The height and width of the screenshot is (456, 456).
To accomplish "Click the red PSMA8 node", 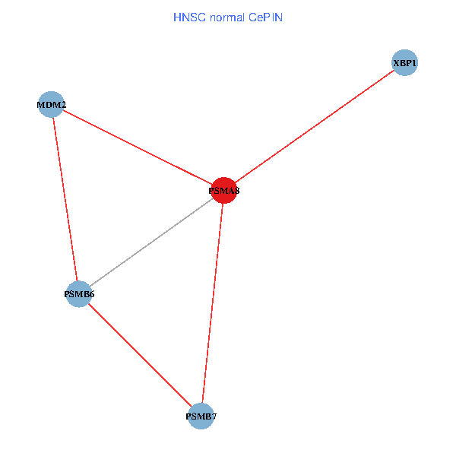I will (224, 191).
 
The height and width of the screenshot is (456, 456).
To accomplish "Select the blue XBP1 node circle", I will (405, 63).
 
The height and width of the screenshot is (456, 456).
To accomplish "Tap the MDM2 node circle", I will (51, 104).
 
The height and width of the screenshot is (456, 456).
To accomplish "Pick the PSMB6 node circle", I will (79, 293).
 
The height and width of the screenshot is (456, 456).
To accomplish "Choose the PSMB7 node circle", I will (201, 416).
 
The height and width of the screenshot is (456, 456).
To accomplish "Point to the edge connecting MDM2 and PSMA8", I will (138, 147).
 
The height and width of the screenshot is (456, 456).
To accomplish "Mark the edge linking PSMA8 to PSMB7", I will (213, 304).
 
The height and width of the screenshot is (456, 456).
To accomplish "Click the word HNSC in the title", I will (187, 17).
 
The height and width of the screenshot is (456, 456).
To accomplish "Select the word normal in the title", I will (226, 17).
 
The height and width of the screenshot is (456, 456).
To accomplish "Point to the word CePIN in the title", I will (266, 17).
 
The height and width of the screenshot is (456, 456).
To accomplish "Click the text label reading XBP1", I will (405, 63).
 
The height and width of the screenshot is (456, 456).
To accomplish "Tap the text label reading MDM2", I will (52, 104).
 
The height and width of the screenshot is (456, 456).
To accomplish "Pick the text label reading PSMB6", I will (79, 293).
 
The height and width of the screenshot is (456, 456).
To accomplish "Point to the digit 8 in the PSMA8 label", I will (236, 192).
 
